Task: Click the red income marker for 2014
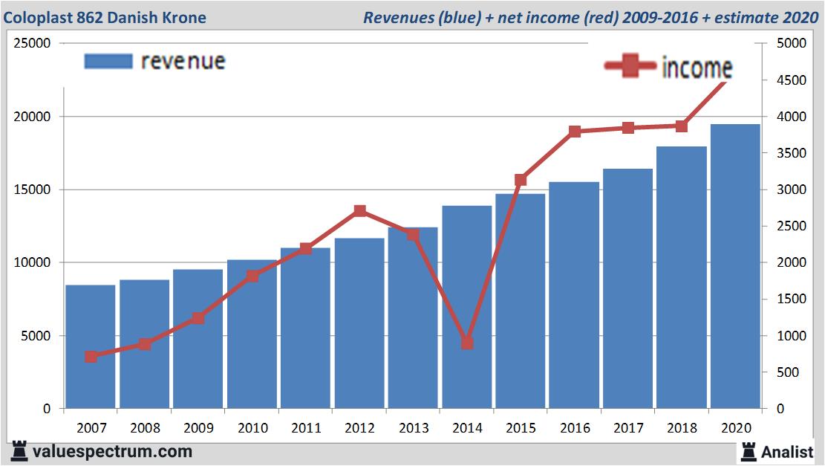point(466,343)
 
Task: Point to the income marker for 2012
point(359,211)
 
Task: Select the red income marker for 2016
point(574,132)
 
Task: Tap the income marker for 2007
point(91,357)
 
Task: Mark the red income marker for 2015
point(521,180)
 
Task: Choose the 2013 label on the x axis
point(413,429)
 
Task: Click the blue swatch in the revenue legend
point(108,61)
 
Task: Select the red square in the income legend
point(630,68)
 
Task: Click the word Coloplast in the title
point(37,17)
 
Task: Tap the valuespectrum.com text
point(112,451)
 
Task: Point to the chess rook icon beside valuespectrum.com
point(20,451)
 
